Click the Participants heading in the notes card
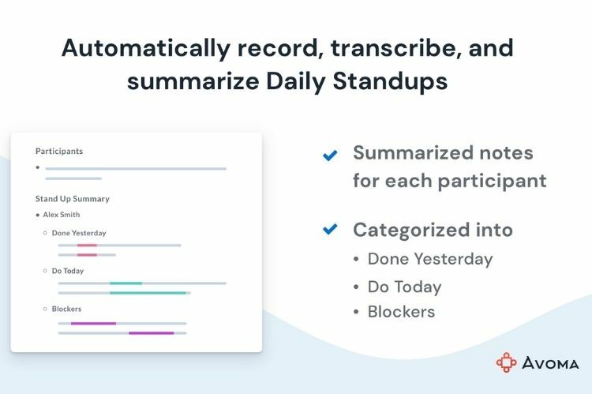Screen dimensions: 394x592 (59, 151)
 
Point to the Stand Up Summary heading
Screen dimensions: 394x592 (72, 199)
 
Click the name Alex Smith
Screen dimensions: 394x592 (61, 215)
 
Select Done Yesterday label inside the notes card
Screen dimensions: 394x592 (78, 233)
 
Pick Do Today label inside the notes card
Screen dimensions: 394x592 (68, 271)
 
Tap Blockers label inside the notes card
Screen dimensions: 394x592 (66, 309)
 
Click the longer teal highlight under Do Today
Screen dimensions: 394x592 (148, 293)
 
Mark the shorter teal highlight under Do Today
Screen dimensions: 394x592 (126, 283)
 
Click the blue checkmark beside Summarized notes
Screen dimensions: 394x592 (330, 155)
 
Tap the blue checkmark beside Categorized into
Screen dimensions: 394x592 (330, 230)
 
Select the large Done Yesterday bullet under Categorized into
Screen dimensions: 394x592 (429, 259)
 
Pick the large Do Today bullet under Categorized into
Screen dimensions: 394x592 (404, 287)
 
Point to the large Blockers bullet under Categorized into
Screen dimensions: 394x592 (401, 312)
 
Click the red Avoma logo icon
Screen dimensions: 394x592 (506, 362)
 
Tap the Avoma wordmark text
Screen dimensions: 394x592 (550, 363)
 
